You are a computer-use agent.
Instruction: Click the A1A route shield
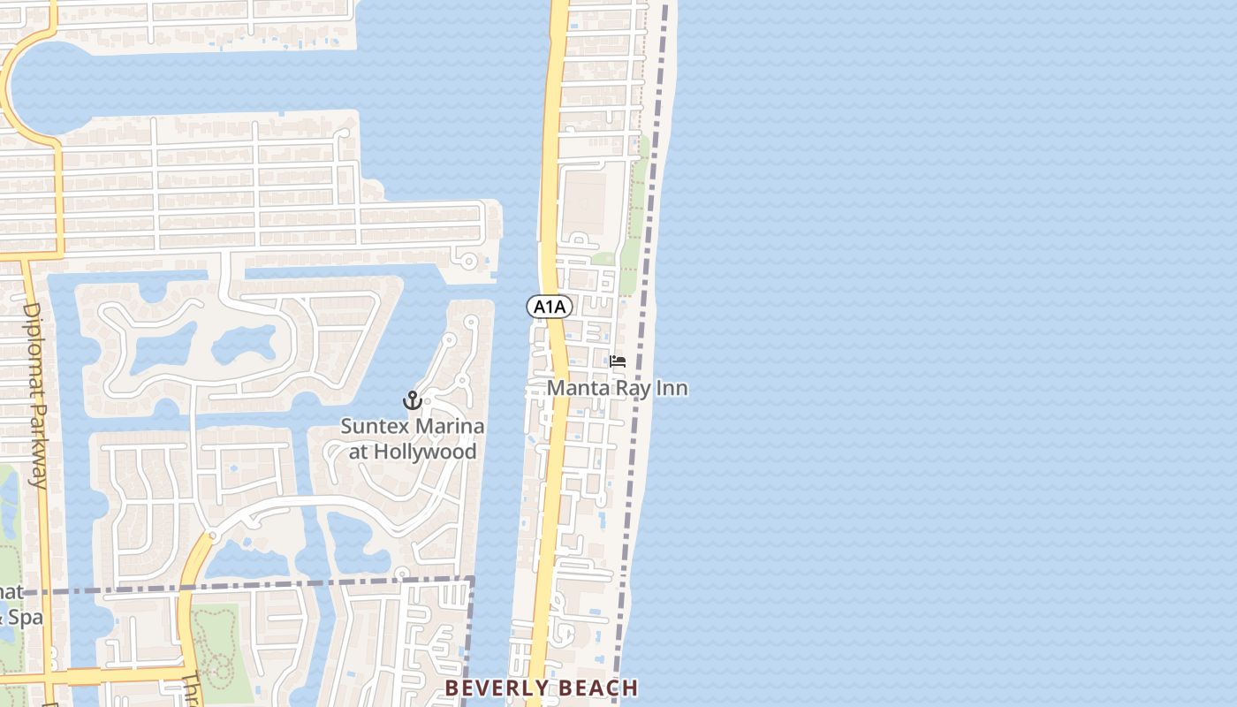tap(550, 307)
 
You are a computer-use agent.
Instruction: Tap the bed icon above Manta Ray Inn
tap(618, 361)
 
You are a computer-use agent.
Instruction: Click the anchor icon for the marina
tap(412, 400)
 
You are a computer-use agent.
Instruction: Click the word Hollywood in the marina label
tap(426, 452)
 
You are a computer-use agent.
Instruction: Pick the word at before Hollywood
tap(358, 452)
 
